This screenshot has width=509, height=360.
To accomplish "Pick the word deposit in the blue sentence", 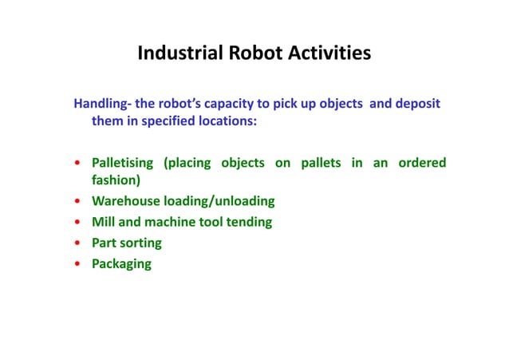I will [414, 105].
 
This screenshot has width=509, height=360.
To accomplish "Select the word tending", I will [248, 222].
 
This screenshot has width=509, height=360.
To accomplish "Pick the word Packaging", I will [121, 263].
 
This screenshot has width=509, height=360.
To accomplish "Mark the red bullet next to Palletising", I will [77, 164].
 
